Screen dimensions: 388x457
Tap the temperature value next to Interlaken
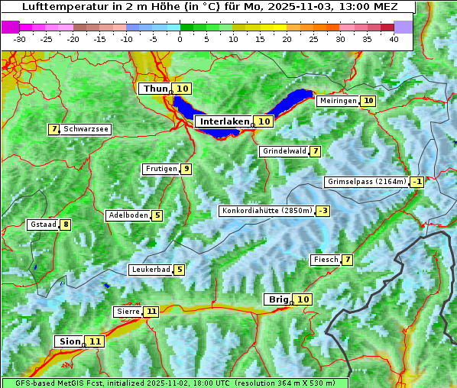[264, 121]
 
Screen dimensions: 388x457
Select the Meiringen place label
[337, 101]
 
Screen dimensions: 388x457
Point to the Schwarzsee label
[86, 130]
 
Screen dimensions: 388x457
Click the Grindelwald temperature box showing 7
[315, 151]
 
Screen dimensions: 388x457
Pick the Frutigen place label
[160, 169]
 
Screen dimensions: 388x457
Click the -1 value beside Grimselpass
[417, 182]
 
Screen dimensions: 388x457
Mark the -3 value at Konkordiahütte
[323, 211]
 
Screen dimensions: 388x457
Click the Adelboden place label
[128, 215]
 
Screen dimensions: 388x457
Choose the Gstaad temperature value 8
[66, 225]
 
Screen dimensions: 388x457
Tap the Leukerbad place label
[150, 270]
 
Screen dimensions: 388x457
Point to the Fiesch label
[326, 260]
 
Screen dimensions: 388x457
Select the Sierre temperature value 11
[151, 312]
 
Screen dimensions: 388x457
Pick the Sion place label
[68, 341]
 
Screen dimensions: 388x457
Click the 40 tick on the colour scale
[394, 39]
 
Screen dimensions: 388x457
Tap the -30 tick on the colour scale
[20, 39]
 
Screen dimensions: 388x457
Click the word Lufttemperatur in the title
[57, 6]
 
